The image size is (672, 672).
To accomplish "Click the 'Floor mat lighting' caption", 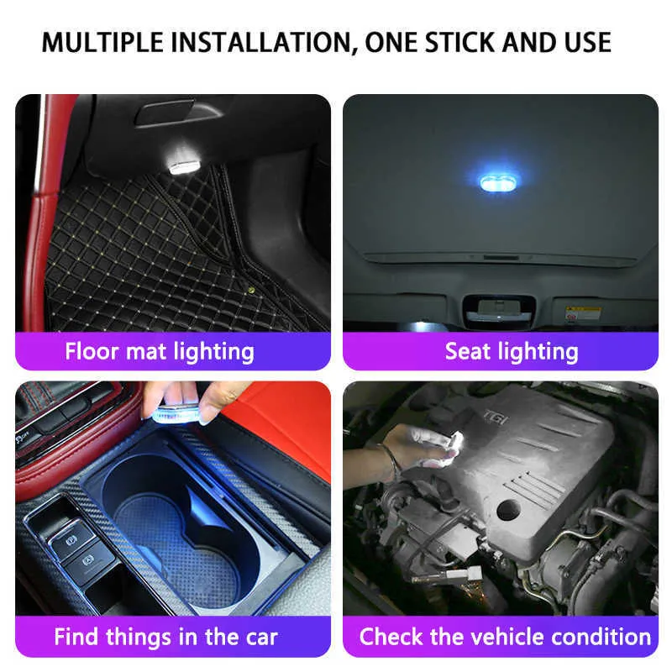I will point(160,350).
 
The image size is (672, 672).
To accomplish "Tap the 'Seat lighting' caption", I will point(512,351).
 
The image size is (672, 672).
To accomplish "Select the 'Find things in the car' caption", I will point(165,637).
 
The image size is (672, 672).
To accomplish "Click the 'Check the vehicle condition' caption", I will point(505,637).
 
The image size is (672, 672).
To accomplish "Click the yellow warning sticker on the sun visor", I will point(581,313).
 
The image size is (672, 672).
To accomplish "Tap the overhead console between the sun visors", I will point(498,309).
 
